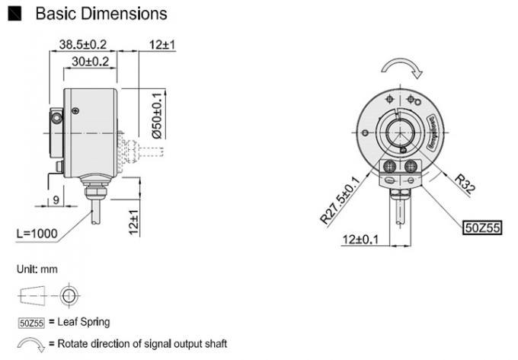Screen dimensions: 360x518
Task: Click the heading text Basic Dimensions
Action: (x=101, y=14)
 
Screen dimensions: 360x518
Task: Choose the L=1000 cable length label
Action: (x=38, y=234)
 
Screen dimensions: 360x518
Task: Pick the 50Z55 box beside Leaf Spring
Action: (x=32, y=322)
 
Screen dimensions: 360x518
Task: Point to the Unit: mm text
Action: (x=37, y=269)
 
